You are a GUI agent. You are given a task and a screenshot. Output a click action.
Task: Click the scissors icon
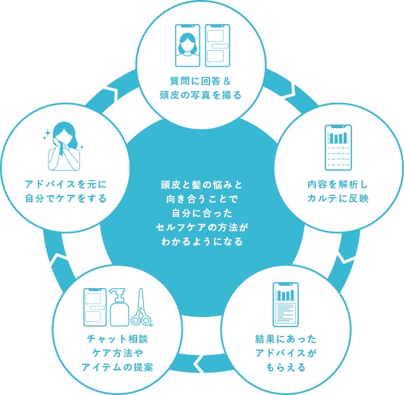click(141, 308)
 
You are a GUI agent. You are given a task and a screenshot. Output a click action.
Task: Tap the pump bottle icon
click(119, 307)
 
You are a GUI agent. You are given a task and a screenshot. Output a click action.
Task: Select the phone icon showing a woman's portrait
click(188, 45)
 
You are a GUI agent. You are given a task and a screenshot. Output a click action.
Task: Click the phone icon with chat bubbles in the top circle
click(217, 45)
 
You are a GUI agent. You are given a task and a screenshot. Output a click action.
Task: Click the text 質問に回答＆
click(202, 80)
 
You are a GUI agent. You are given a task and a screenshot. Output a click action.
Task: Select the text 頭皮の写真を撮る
click(202, 95)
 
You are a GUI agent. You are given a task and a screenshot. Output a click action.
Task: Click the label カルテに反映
click(338, 198)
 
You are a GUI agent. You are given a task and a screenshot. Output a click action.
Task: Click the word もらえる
click(285, 368)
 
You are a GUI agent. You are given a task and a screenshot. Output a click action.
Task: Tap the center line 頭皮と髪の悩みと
click(202, 184)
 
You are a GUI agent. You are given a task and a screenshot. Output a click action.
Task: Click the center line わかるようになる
click(202, 242)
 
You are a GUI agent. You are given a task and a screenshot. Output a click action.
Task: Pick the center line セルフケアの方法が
click(202, 227)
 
